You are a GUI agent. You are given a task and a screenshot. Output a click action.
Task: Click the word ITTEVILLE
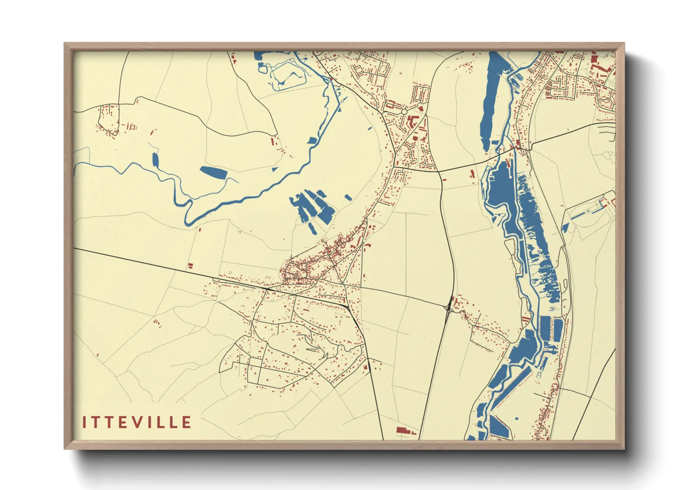(137, 422)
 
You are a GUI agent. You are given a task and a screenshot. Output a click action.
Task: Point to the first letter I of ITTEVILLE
(85, 422)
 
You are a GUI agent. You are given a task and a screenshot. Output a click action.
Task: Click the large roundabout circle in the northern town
(404, 112)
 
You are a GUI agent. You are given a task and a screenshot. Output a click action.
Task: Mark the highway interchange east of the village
(448, 307)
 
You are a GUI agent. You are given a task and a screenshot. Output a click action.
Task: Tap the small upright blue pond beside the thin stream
(155, 160)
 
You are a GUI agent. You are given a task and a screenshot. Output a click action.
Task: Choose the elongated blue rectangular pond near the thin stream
(213, 172)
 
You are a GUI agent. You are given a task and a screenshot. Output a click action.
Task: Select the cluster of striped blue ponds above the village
(312, 207)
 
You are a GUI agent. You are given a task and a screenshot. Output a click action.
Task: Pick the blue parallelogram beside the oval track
(565, 227)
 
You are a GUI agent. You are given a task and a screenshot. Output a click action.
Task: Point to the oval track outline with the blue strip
(587, 212)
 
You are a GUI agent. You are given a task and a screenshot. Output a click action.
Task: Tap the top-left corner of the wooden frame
(66, 44)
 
